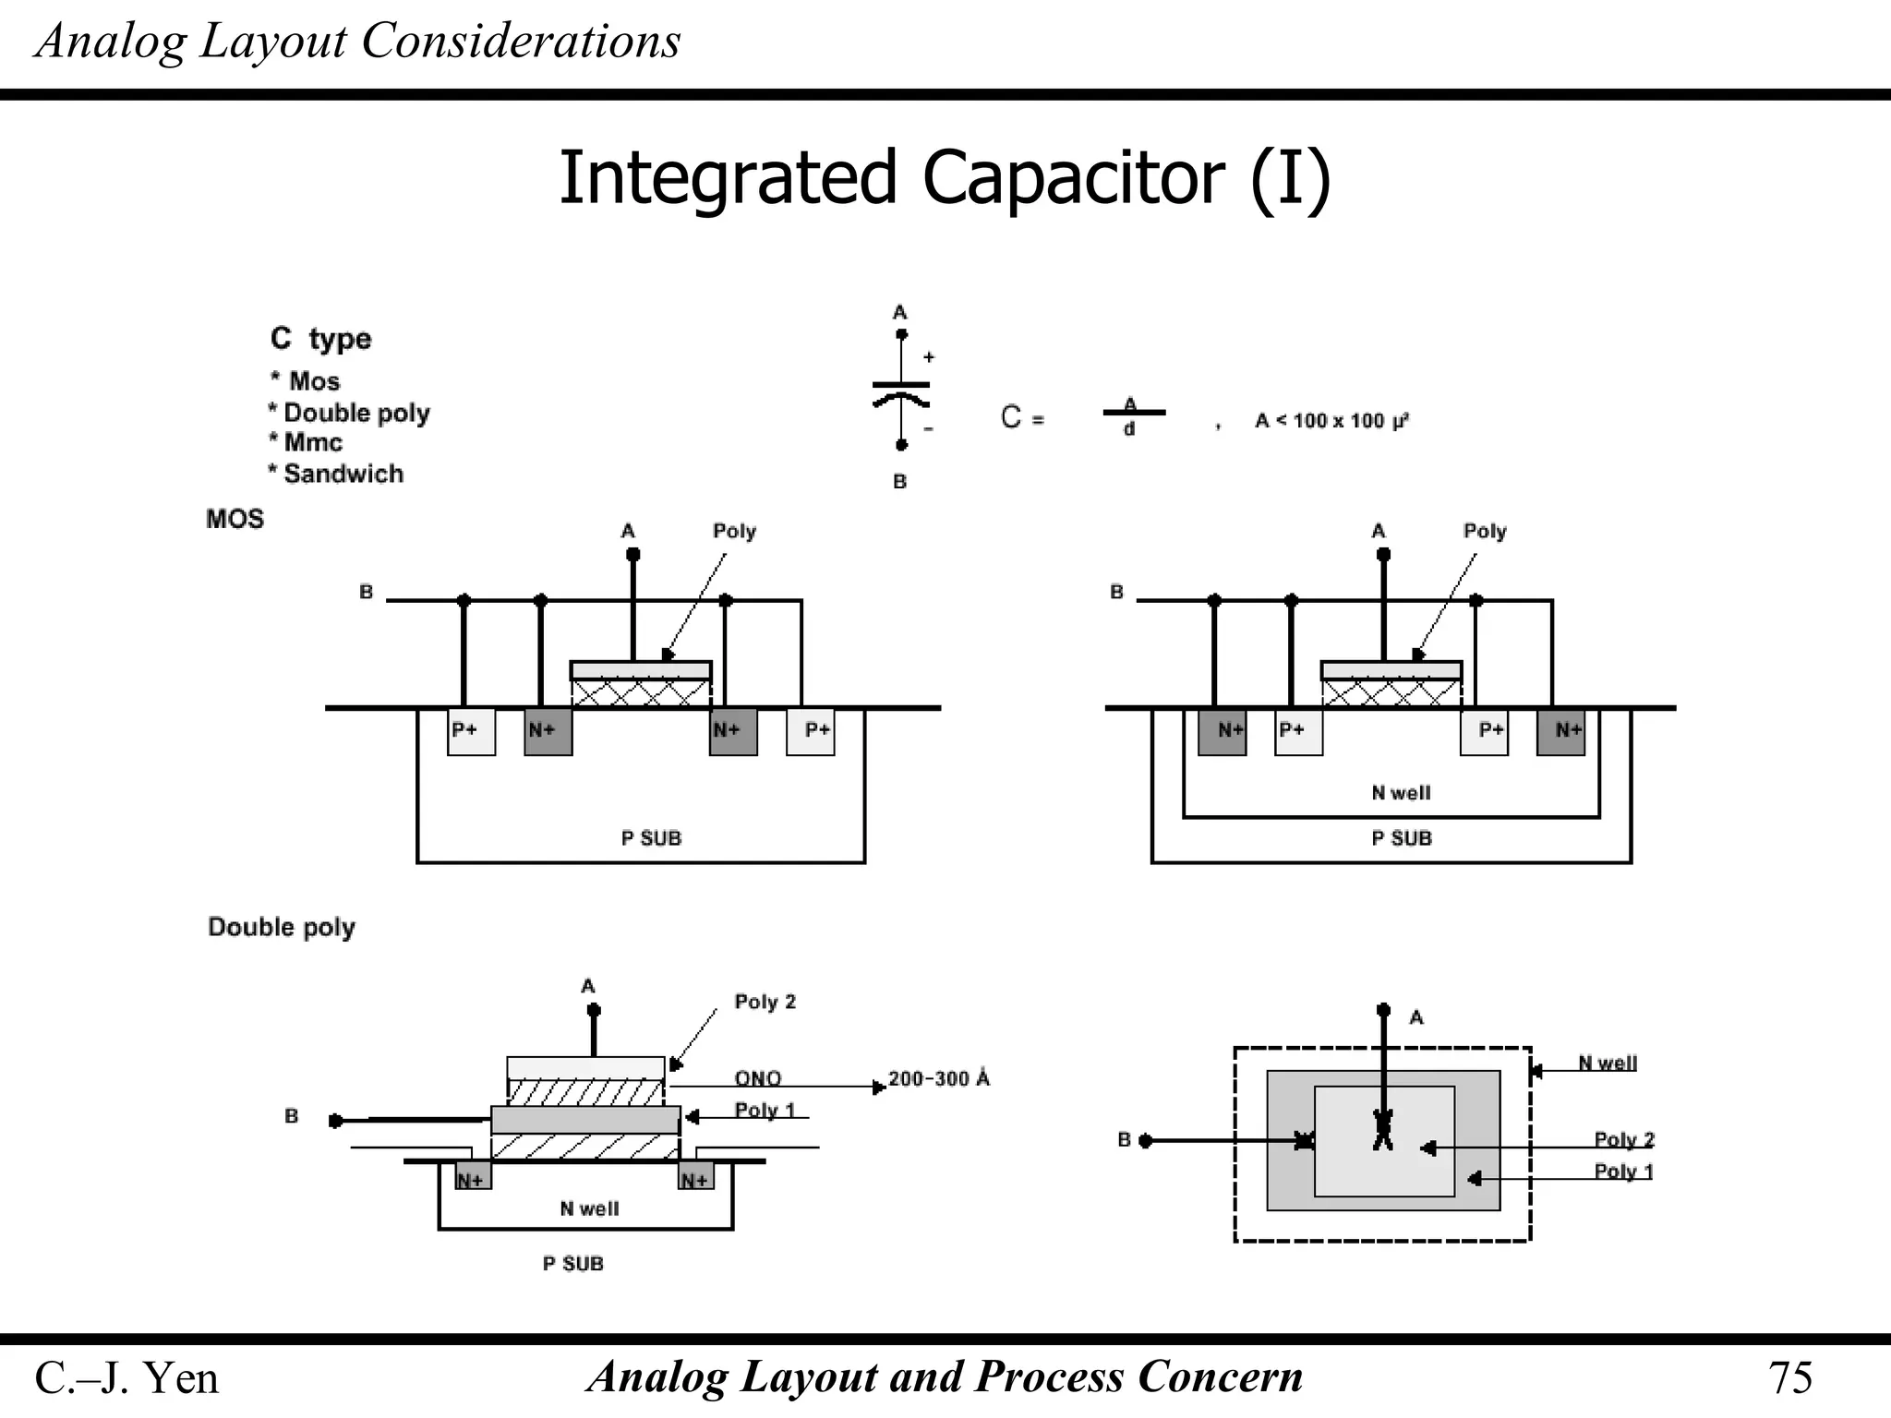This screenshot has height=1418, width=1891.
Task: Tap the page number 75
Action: click(1789, 1377)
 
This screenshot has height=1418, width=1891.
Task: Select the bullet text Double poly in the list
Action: click(356, 413)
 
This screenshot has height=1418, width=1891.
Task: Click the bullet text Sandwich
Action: click(343, 474)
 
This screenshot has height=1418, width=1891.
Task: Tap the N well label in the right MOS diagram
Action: click(1401, 793)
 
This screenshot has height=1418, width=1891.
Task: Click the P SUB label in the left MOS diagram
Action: click(651, 838)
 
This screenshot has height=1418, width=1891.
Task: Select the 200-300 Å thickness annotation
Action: click(938, 1078)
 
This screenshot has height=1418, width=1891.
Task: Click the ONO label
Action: click(758, 1078)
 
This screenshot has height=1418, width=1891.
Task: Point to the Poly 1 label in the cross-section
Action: click(765, 1110)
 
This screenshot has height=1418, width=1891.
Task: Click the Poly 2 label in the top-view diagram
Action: click(1624, 1139)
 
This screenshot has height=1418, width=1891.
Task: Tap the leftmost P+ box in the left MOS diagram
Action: click(471, 732)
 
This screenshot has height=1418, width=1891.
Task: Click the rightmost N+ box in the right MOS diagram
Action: click(1561, 732)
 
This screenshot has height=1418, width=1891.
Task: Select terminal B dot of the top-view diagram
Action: click(1145, 1141)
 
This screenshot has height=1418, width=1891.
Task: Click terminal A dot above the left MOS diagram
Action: click(632, 554)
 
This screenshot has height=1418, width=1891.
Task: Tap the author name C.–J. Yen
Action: click(126, 1377)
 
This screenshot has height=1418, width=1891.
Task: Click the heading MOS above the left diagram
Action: click(235, 519)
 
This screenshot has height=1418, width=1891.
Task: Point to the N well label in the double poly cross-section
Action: click(589, 1208)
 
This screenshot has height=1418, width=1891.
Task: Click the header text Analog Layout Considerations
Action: click(357, 41)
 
